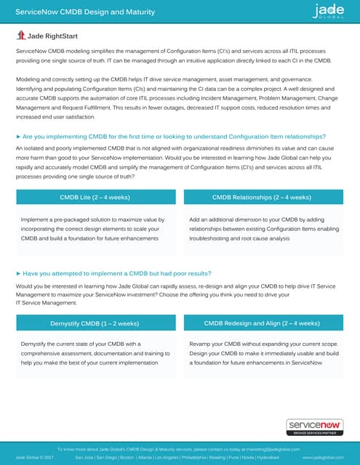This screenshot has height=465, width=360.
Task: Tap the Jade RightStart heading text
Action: (x=52, y=35)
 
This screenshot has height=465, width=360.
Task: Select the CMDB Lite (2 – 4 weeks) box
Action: (x=95, y=197)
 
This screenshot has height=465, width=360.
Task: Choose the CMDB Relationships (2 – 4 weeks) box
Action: (x=263, y=197)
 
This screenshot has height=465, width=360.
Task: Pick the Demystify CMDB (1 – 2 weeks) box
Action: (x=95, y=323)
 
